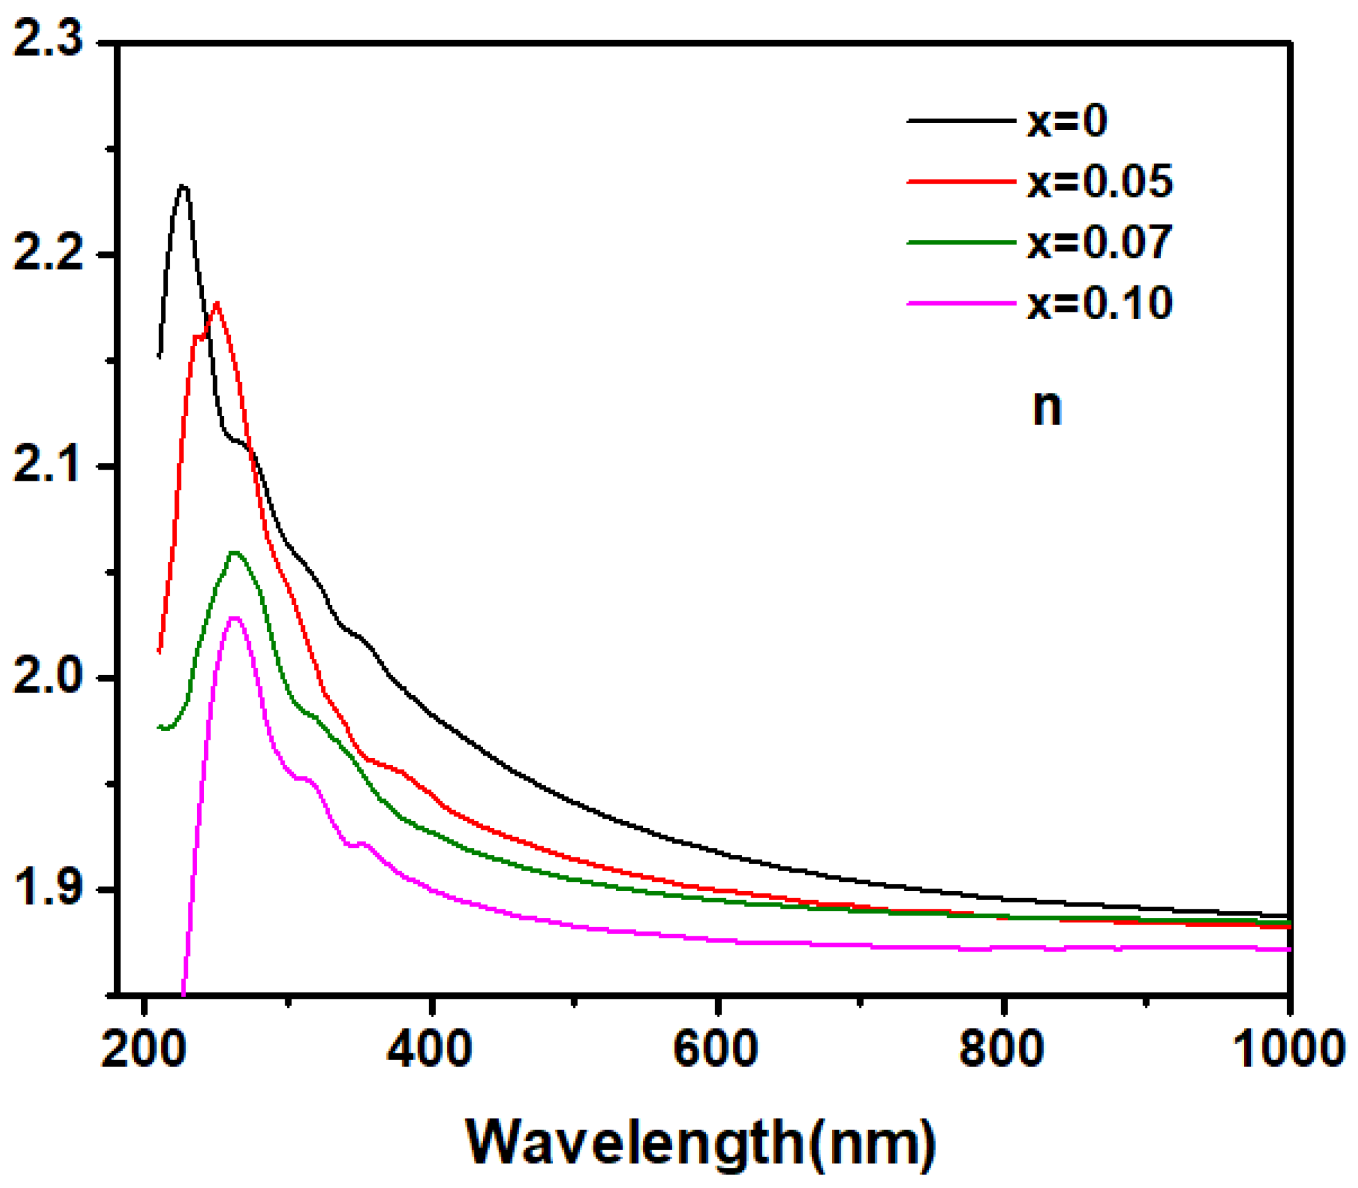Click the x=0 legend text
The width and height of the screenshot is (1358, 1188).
click(1067, 121)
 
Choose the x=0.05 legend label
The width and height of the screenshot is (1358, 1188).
click(1100, 182)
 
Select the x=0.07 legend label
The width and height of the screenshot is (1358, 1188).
click(1100, 242)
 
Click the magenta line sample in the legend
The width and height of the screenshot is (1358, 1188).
click(961, 304)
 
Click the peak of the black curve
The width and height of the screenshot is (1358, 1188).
click(184, 186)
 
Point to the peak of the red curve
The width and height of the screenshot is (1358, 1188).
click(217, 303)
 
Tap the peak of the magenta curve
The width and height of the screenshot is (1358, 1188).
click(234, 618)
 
